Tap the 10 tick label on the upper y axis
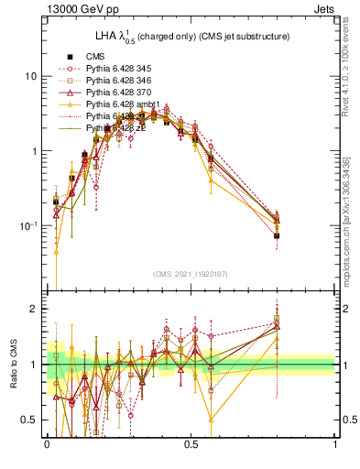tap(32, 76)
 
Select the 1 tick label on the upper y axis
tap(35, 151)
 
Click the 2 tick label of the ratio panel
tap(35, 310)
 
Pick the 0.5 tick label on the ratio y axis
tap(31, 420)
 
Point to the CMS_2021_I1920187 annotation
tap(191, 274)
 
